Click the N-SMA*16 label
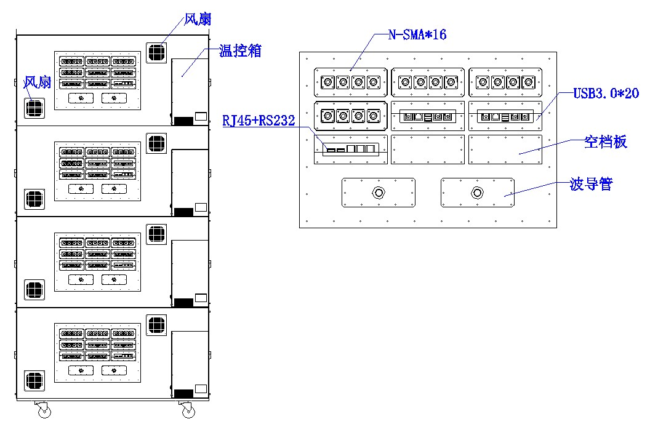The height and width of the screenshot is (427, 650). click(x=417, y=34)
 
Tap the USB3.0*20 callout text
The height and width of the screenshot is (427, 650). click(x=606, y=94)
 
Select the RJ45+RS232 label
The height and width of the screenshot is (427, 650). click(x=259, y=121)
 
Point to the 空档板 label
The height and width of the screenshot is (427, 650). click(x=605, y=142)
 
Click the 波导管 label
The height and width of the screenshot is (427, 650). click(x=591, y=184)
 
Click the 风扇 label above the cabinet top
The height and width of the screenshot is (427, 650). click(x=198, y=19)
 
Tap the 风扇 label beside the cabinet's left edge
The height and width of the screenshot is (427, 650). click(x=37, y=82)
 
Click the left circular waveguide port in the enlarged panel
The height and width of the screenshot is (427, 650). click(x=378, y=193)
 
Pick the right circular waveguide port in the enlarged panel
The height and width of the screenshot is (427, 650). click(x=477, y=193)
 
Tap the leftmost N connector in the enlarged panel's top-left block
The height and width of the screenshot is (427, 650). click(x=328, y=82)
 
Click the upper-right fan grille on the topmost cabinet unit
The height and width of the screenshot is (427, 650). click(x=156, y=52)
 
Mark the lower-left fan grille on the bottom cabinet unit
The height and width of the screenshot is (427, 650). click(x=34, y=381)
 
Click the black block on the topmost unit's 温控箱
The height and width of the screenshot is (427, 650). click(x=183, y=121)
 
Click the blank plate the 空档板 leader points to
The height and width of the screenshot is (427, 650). click(x=505, y=150)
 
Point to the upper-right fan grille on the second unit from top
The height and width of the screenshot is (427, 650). click(x=156, y=144)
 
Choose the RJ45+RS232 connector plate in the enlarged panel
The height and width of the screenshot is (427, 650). click(x=350, y=150)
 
